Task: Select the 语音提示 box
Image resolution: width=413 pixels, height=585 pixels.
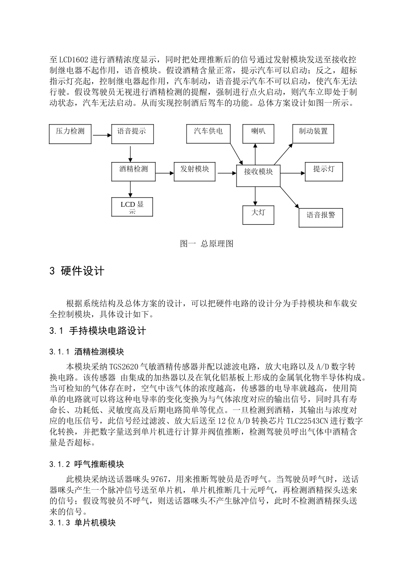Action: [x=132, y=134]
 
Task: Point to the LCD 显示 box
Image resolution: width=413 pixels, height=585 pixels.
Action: [x=132, y=207]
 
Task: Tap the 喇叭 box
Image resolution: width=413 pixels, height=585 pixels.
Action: [x=258, y=134]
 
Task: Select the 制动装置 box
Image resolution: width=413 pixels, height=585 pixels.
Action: [x=313, y=134]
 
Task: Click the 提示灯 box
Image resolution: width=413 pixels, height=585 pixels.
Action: [x=324, y=172]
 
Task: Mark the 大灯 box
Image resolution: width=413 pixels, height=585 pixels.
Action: [x=258, y=215]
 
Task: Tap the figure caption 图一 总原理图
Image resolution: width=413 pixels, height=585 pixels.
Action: [x=206, y=244]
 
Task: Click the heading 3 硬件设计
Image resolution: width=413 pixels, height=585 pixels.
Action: [x=77, y=271]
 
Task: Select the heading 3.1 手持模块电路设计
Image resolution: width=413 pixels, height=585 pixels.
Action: [x=98, y=331]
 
